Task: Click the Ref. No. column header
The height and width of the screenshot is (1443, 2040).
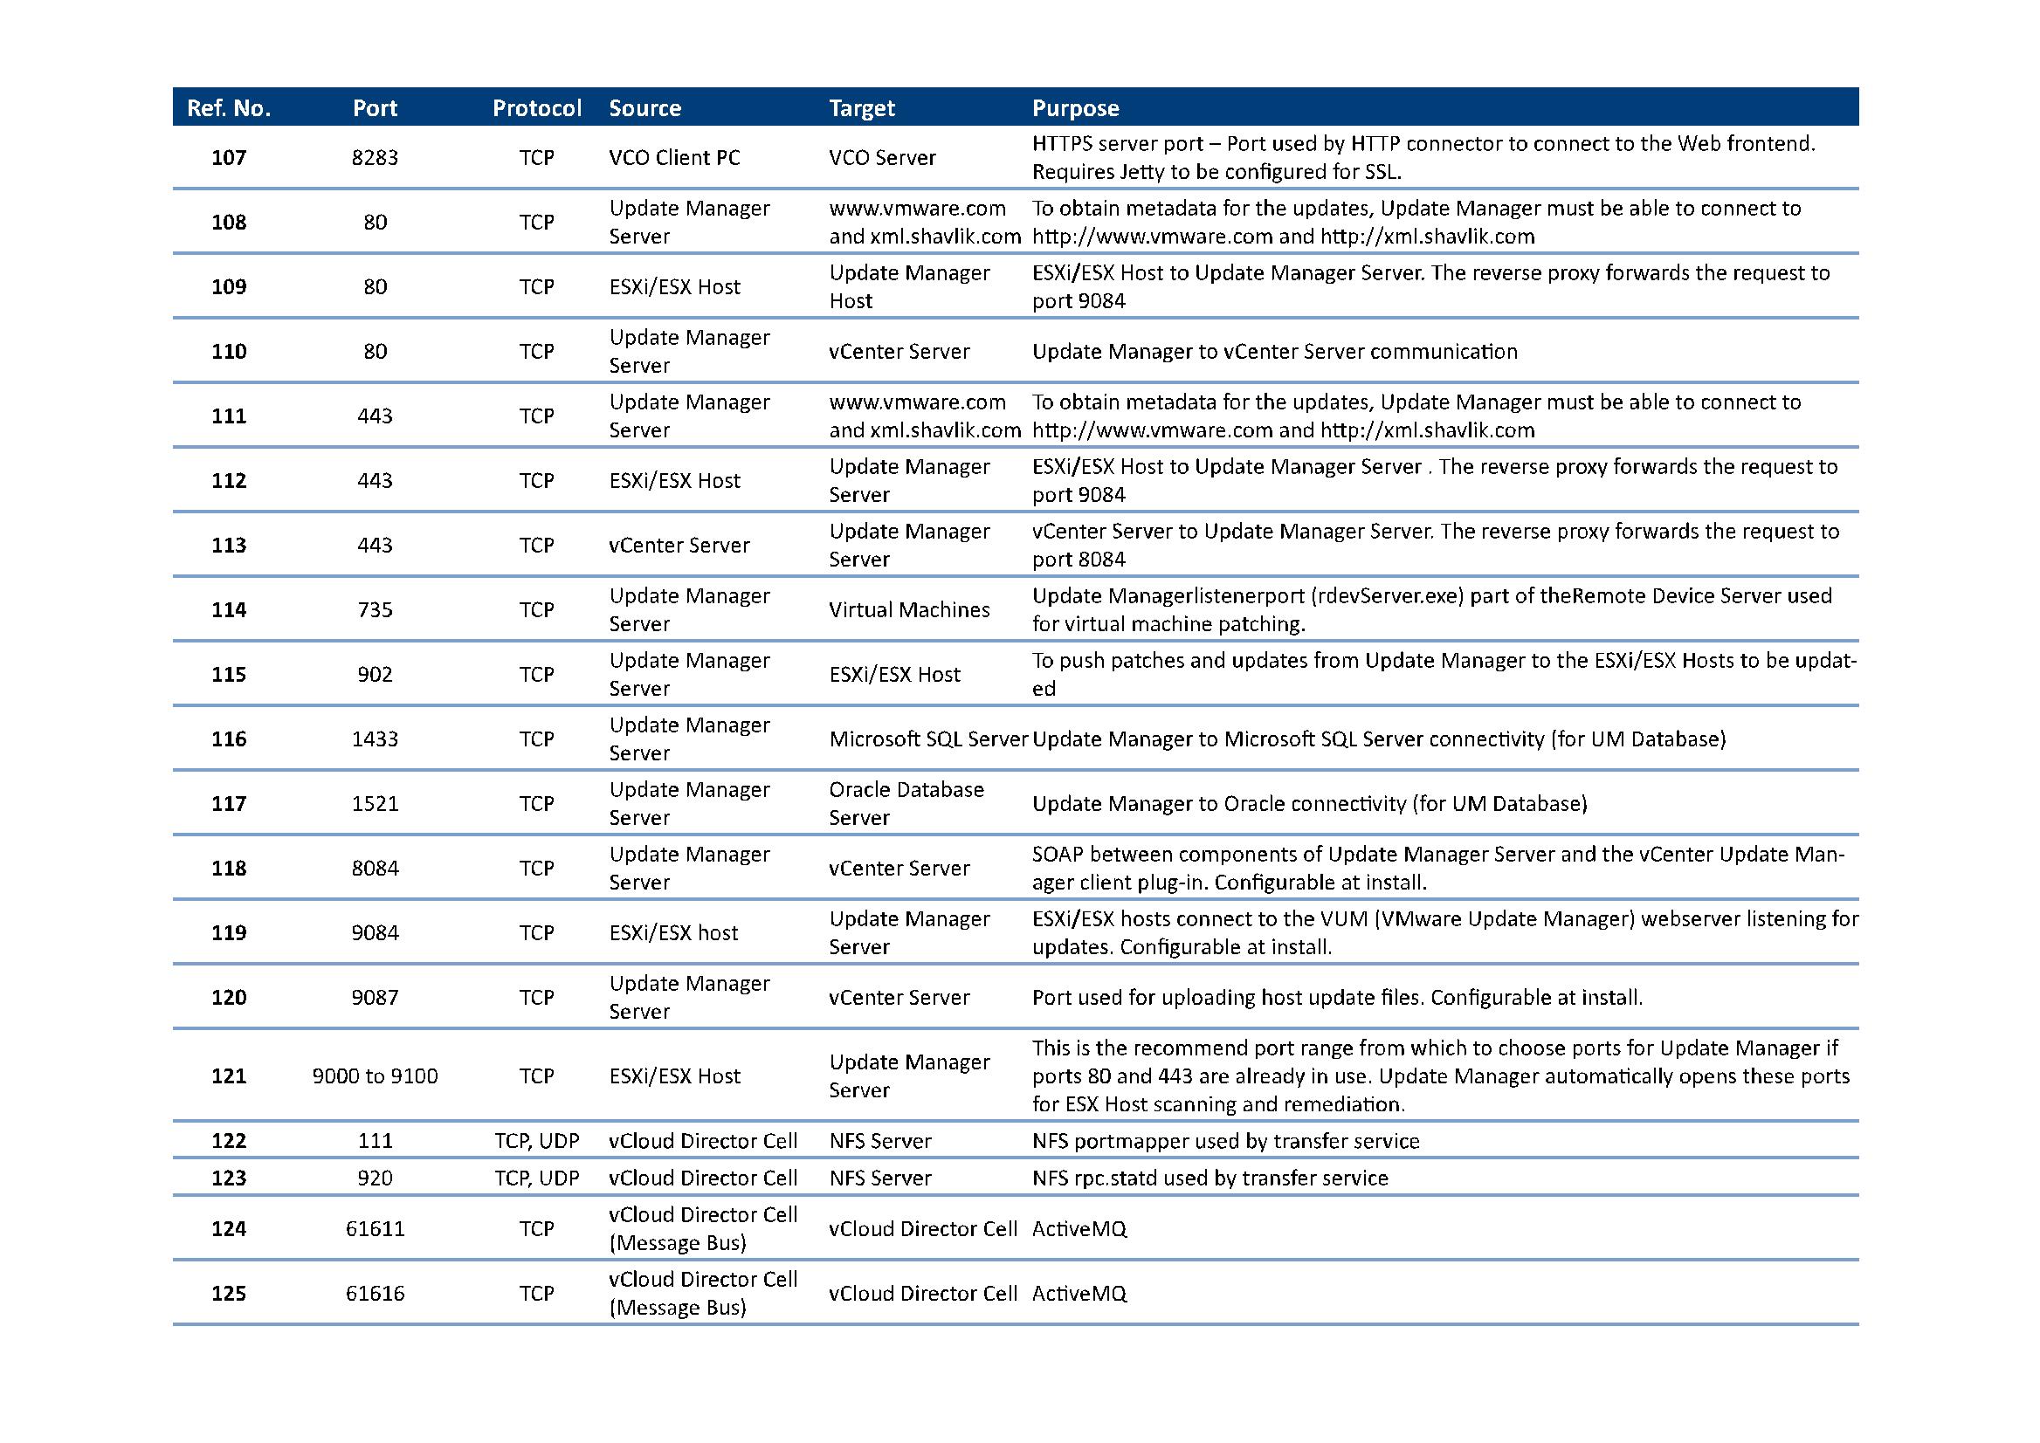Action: [229, 108]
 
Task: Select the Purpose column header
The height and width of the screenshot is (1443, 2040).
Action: [1075, 108]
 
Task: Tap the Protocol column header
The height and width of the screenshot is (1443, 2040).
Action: [537, 108]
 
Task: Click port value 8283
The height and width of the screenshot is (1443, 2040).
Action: [375, 158]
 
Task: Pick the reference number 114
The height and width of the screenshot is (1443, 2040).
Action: [229, 610]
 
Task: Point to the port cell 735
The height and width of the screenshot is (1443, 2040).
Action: [375, 610]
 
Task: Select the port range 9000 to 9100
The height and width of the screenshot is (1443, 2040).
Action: [375, 1076]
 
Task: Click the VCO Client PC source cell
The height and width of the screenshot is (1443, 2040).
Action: [674, 158]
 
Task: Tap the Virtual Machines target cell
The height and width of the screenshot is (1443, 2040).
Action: [908, 610]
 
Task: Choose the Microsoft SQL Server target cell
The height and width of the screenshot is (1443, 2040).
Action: [928, 739]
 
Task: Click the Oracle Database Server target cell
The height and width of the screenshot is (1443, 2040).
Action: [906, 804]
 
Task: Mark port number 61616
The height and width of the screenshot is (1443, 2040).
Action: [375, 1294]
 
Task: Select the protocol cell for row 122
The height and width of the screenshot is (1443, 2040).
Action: [537, 1141]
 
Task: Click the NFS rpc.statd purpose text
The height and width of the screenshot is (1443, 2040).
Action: [1209, 1178]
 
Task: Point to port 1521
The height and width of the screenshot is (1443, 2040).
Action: [375, 804]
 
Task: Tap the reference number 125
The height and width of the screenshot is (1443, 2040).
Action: [229, 1294]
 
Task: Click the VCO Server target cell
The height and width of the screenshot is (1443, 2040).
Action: [882, 158]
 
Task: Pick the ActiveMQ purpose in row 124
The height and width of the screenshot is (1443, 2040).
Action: [1079, 1229]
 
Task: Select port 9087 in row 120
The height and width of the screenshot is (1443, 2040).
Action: [375, 998]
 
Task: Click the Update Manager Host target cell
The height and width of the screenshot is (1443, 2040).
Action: [908, 287]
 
